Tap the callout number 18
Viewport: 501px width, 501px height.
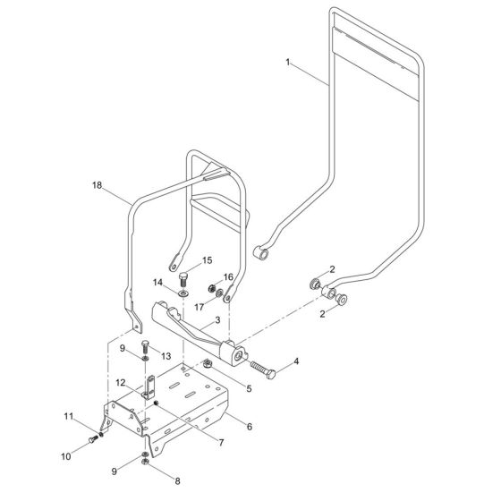tap(98, 185)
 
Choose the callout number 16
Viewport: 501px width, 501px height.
tap(228, 276)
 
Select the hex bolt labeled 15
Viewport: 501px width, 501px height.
tap(183, 276)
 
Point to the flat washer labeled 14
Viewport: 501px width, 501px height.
tap(183, 293)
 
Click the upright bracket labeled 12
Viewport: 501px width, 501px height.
tap(149, 391)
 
